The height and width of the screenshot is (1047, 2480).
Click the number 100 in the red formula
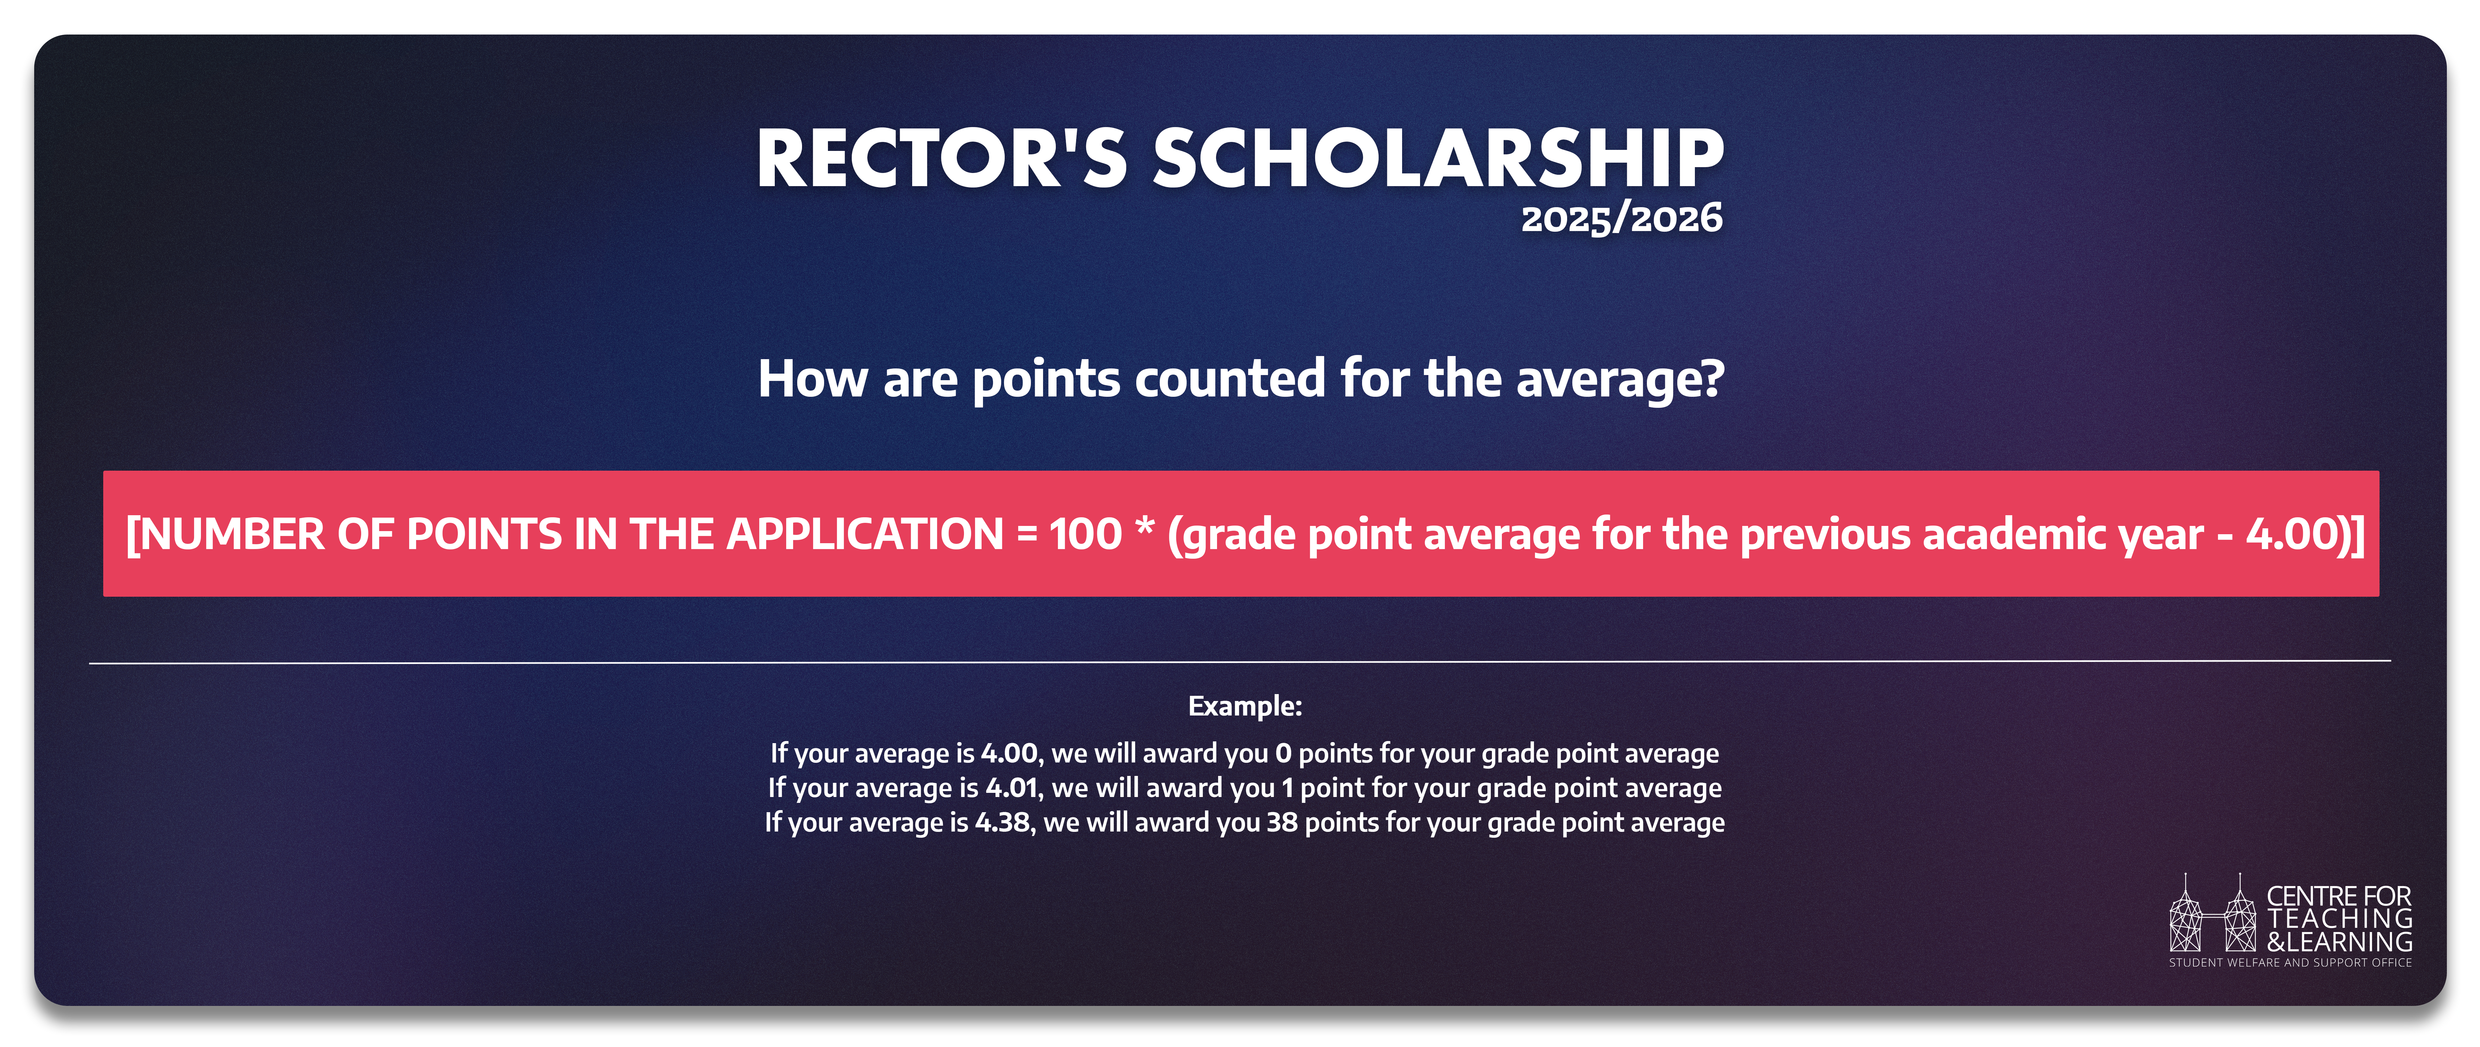click(x=1085, y=535)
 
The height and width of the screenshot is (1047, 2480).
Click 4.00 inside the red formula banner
click(x=2294, y=535)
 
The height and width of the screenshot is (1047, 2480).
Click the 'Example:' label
click(x=1245, y=706)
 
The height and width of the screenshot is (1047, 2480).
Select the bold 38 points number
click(x=1281, y=823)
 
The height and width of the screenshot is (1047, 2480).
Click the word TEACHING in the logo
click(x=2339, y=919)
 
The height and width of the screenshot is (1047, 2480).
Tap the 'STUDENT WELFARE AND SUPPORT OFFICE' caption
click(x=2290, y=962)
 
